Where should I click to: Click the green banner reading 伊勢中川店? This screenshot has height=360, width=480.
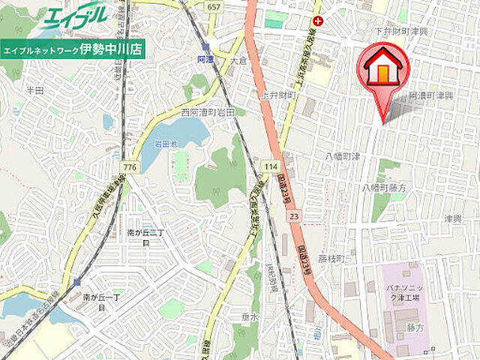[73, 49]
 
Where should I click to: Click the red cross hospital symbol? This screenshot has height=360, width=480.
[319, 21]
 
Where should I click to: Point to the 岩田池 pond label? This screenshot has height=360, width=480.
[166, 142]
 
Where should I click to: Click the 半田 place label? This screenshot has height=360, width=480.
[35, 89]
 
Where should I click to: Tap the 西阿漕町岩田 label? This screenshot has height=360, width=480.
[208, 112]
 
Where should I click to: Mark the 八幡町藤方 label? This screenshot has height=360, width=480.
[384, 187]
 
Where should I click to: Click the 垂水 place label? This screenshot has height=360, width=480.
[250, 316]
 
